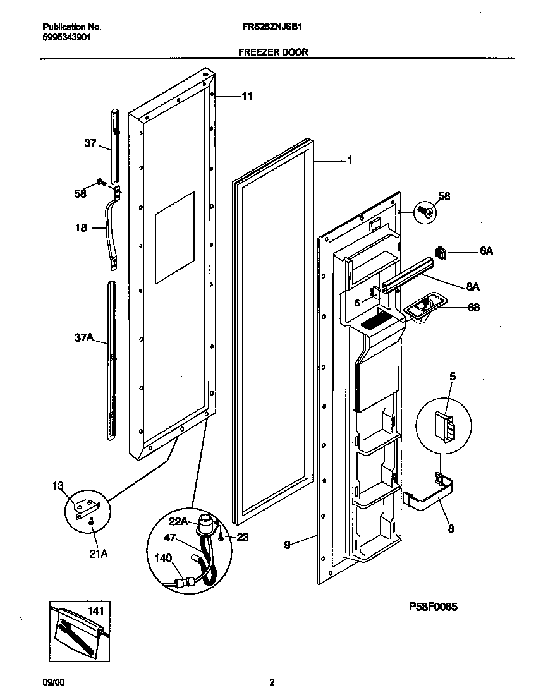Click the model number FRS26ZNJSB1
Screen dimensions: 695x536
pos(273,28)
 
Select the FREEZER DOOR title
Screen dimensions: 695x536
pos(273,52)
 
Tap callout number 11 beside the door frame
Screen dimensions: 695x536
pos(247,96)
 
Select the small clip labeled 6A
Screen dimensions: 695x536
pos(442,253)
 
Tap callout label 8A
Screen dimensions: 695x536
pos(472,286)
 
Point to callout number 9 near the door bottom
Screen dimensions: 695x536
pos(288,544)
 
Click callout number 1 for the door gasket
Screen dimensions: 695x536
pos(350,160)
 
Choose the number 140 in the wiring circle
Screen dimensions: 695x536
pos(162,559)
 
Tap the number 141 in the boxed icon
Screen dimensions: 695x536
pos(95,611)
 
